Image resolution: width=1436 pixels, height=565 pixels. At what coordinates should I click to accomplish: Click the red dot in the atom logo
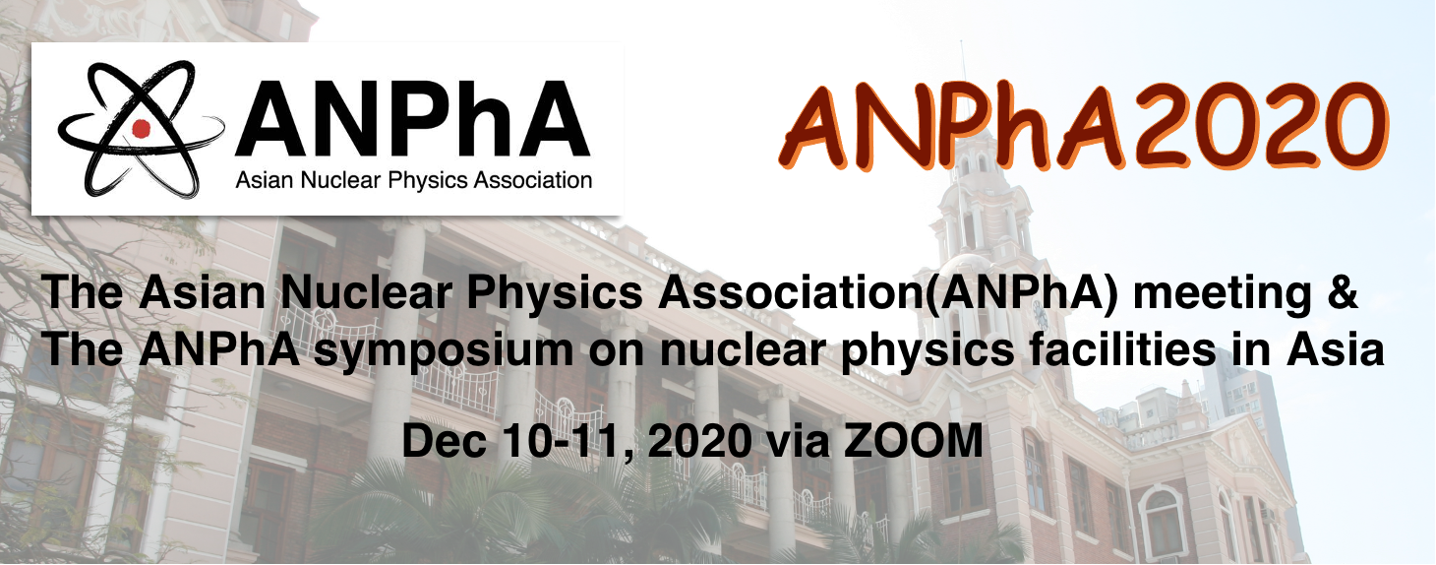[141, 128]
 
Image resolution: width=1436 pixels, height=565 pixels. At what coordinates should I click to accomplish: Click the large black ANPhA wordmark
[412, 119]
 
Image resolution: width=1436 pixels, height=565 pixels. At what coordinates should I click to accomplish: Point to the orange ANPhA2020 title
[1083, 126]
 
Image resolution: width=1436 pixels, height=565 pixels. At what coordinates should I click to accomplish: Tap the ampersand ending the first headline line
[1341, 292]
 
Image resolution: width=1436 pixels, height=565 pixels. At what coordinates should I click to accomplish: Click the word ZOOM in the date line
[913, 441]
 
